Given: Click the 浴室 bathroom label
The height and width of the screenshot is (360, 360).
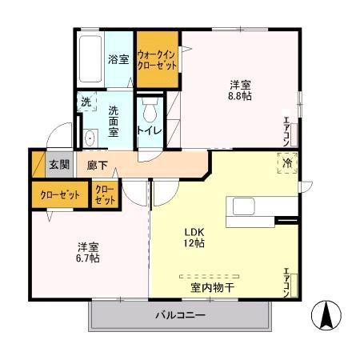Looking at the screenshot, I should coord(118,58).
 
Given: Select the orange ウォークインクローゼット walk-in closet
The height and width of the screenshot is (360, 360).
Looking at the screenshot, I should coord(157,60).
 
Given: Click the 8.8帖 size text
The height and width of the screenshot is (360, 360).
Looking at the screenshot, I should coord(241,94).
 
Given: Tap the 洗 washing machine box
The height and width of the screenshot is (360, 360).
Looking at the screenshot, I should coord(86,102).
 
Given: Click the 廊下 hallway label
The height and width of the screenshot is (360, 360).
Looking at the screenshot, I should coord(98,165).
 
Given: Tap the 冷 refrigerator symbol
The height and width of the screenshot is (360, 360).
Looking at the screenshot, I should coord(288,162).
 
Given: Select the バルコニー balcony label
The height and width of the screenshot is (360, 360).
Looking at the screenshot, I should coord(179,314).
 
